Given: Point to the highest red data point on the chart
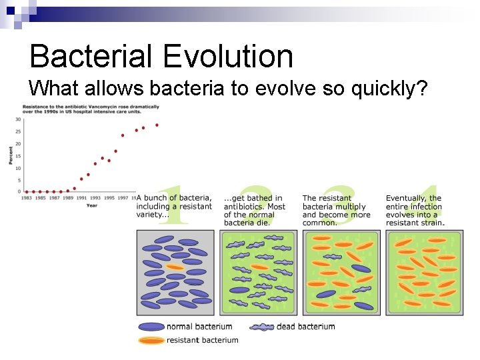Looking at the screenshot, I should [157, 125].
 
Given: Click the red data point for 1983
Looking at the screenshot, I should [26, 191].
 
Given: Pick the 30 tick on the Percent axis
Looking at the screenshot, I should [19, 120].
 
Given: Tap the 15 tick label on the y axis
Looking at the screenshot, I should [19, 156].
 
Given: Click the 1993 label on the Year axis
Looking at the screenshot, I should [95, 197].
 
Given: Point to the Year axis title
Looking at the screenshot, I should [91, 205].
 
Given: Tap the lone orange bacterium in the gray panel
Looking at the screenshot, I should [175, 267].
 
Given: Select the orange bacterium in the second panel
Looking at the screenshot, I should [261, 267].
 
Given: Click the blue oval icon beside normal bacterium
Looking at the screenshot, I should [151, 327].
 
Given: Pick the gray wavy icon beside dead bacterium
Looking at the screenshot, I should [262, 327].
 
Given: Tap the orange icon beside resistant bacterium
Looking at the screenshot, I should [151, 340].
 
